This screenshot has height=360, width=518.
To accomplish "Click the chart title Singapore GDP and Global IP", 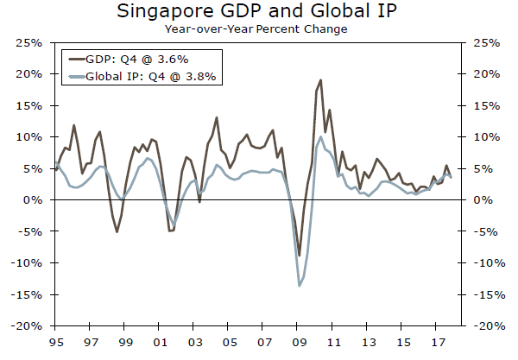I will click(x=258, y=11).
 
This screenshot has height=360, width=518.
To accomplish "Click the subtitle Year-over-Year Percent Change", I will click(x=258, y=28).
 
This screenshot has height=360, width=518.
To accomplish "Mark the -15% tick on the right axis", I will click(x=488, y=294).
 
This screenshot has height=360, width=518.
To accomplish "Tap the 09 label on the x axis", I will click(x=298, y=341).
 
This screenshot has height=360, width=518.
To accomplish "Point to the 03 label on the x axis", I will click(x=193, y=341).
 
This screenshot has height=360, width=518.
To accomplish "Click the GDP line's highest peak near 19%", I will click(x=321, y=80).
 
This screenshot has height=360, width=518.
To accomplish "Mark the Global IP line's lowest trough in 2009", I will click(x=300, y=286).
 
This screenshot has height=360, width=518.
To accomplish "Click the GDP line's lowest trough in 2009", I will click(x=300, y=256).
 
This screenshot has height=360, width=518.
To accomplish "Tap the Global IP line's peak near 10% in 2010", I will click(x=321, y=136).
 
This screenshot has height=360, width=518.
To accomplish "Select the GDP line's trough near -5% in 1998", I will click(x=117, y=231).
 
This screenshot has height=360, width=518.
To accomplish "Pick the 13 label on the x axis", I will click(x=367, y=341).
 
